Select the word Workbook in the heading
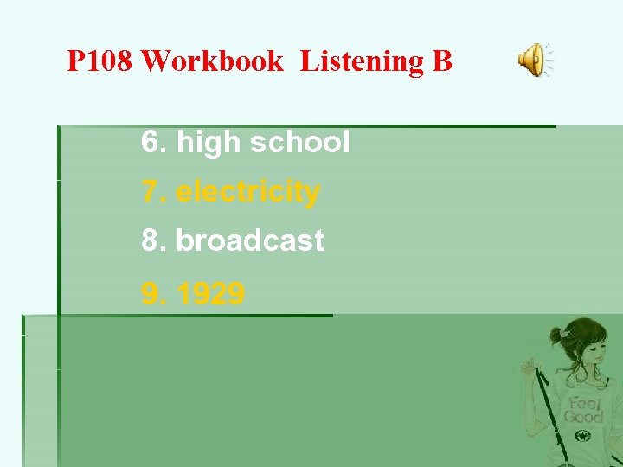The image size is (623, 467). coord(211,61)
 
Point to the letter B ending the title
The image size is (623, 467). coord(440,61)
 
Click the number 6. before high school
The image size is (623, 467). coord(154,143)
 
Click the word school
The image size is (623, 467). coord(299,143)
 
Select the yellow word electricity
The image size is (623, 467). coord(247,192)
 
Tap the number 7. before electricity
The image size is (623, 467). coord(154,192)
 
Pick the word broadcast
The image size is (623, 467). coord(250,241)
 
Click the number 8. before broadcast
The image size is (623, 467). coord(154,241)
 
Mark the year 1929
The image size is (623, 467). coord(210,295)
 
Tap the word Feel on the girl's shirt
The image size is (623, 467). coord(583,403)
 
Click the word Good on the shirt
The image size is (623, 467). coord(583,417)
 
